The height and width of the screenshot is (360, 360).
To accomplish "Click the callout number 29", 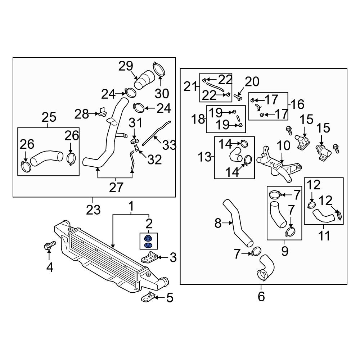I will [x=126, y=66].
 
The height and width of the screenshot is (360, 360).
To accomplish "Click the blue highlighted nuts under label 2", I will [x=147, y=242].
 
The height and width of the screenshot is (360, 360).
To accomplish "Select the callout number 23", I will [x=93, y=210].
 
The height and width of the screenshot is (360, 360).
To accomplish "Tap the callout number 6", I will [x=261, y=297].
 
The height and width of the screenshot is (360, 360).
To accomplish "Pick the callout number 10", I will [x=283, y=146].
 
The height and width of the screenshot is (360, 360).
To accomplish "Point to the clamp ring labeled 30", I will [x=158, y=69].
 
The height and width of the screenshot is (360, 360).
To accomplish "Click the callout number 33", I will [x=169, y=145].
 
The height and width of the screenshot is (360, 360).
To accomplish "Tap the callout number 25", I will [x=49, y=117].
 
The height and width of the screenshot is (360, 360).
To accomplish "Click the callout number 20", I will [x=252, y=82].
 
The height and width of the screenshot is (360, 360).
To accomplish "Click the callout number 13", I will [x=204, y=157].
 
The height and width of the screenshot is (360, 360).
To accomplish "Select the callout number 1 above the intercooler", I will [x=131, y=207].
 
